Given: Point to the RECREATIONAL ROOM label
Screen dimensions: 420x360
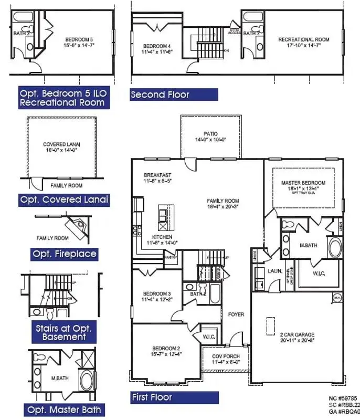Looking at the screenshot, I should pyautogui.click(x=303, y=40).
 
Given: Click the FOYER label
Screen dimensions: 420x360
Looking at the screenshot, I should pyautogui.click(x=236, y=314).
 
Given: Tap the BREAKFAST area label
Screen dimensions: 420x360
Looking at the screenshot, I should pyautogui.click(x=158, y=175).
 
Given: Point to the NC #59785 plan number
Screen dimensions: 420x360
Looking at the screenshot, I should pyautogui.click(x=343, y=398).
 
